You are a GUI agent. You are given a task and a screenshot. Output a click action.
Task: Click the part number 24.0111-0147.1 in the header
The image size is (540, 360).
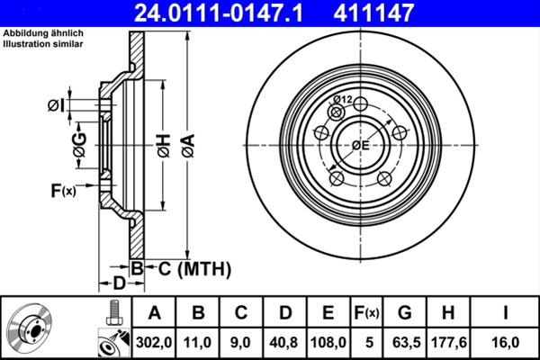[219, 13]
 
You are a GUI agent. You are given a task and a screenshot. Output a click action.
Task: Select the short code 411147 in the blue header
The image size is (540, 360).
[373, 13]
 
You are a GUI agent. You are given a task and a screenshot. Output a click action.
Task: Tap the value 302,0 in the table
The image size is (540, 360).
[154, 342]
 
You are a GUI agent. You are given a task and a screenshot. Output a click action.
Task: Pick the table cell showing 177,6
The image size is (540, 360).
[449, 342]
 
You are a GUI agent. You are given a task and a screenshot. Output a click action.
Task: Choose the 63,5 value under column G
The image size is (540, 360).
[407, 342]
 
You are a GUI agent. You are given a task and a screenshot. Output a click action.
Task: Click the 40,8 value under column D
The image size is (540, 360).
[283, 342]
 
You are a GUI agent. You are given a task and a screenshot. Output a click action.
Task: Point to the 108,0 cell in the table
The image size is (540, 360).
[328, 342]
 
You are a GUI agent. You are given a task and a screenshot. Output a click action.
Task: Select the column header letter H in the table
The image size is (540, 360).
[448, 313]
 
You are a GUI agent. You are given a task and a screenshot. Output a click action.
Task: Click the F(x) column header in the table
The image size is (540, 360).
[367, 313]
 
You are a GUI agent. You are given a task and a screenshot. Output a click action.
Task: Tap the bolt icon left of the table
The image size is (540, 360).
[114, 312]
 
